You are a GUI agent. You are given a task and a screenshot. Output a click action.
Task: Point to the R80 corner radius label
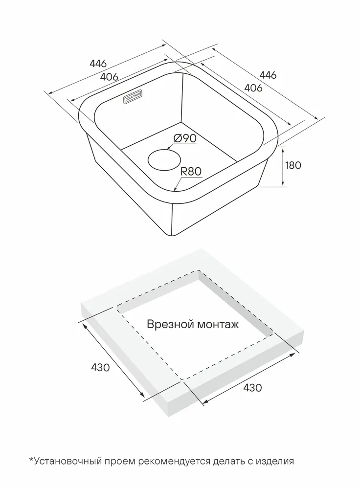tap(191, 172)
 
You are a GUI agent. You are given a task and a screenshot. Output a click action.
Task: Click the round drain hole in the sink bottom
tap(164, 159)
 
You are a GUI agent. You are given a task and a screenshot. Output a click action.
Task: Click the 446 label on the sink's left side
tap(98, 64)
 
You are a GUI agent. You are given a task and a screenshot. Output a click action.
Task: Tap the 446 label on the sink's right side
tap(268, 75)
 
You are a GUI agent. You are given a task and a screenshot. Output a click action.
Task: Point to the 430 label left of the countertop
tap(100, 368)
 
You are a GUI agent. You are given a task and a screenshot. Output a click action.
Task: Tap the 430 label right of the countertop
tap(252, 388)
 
